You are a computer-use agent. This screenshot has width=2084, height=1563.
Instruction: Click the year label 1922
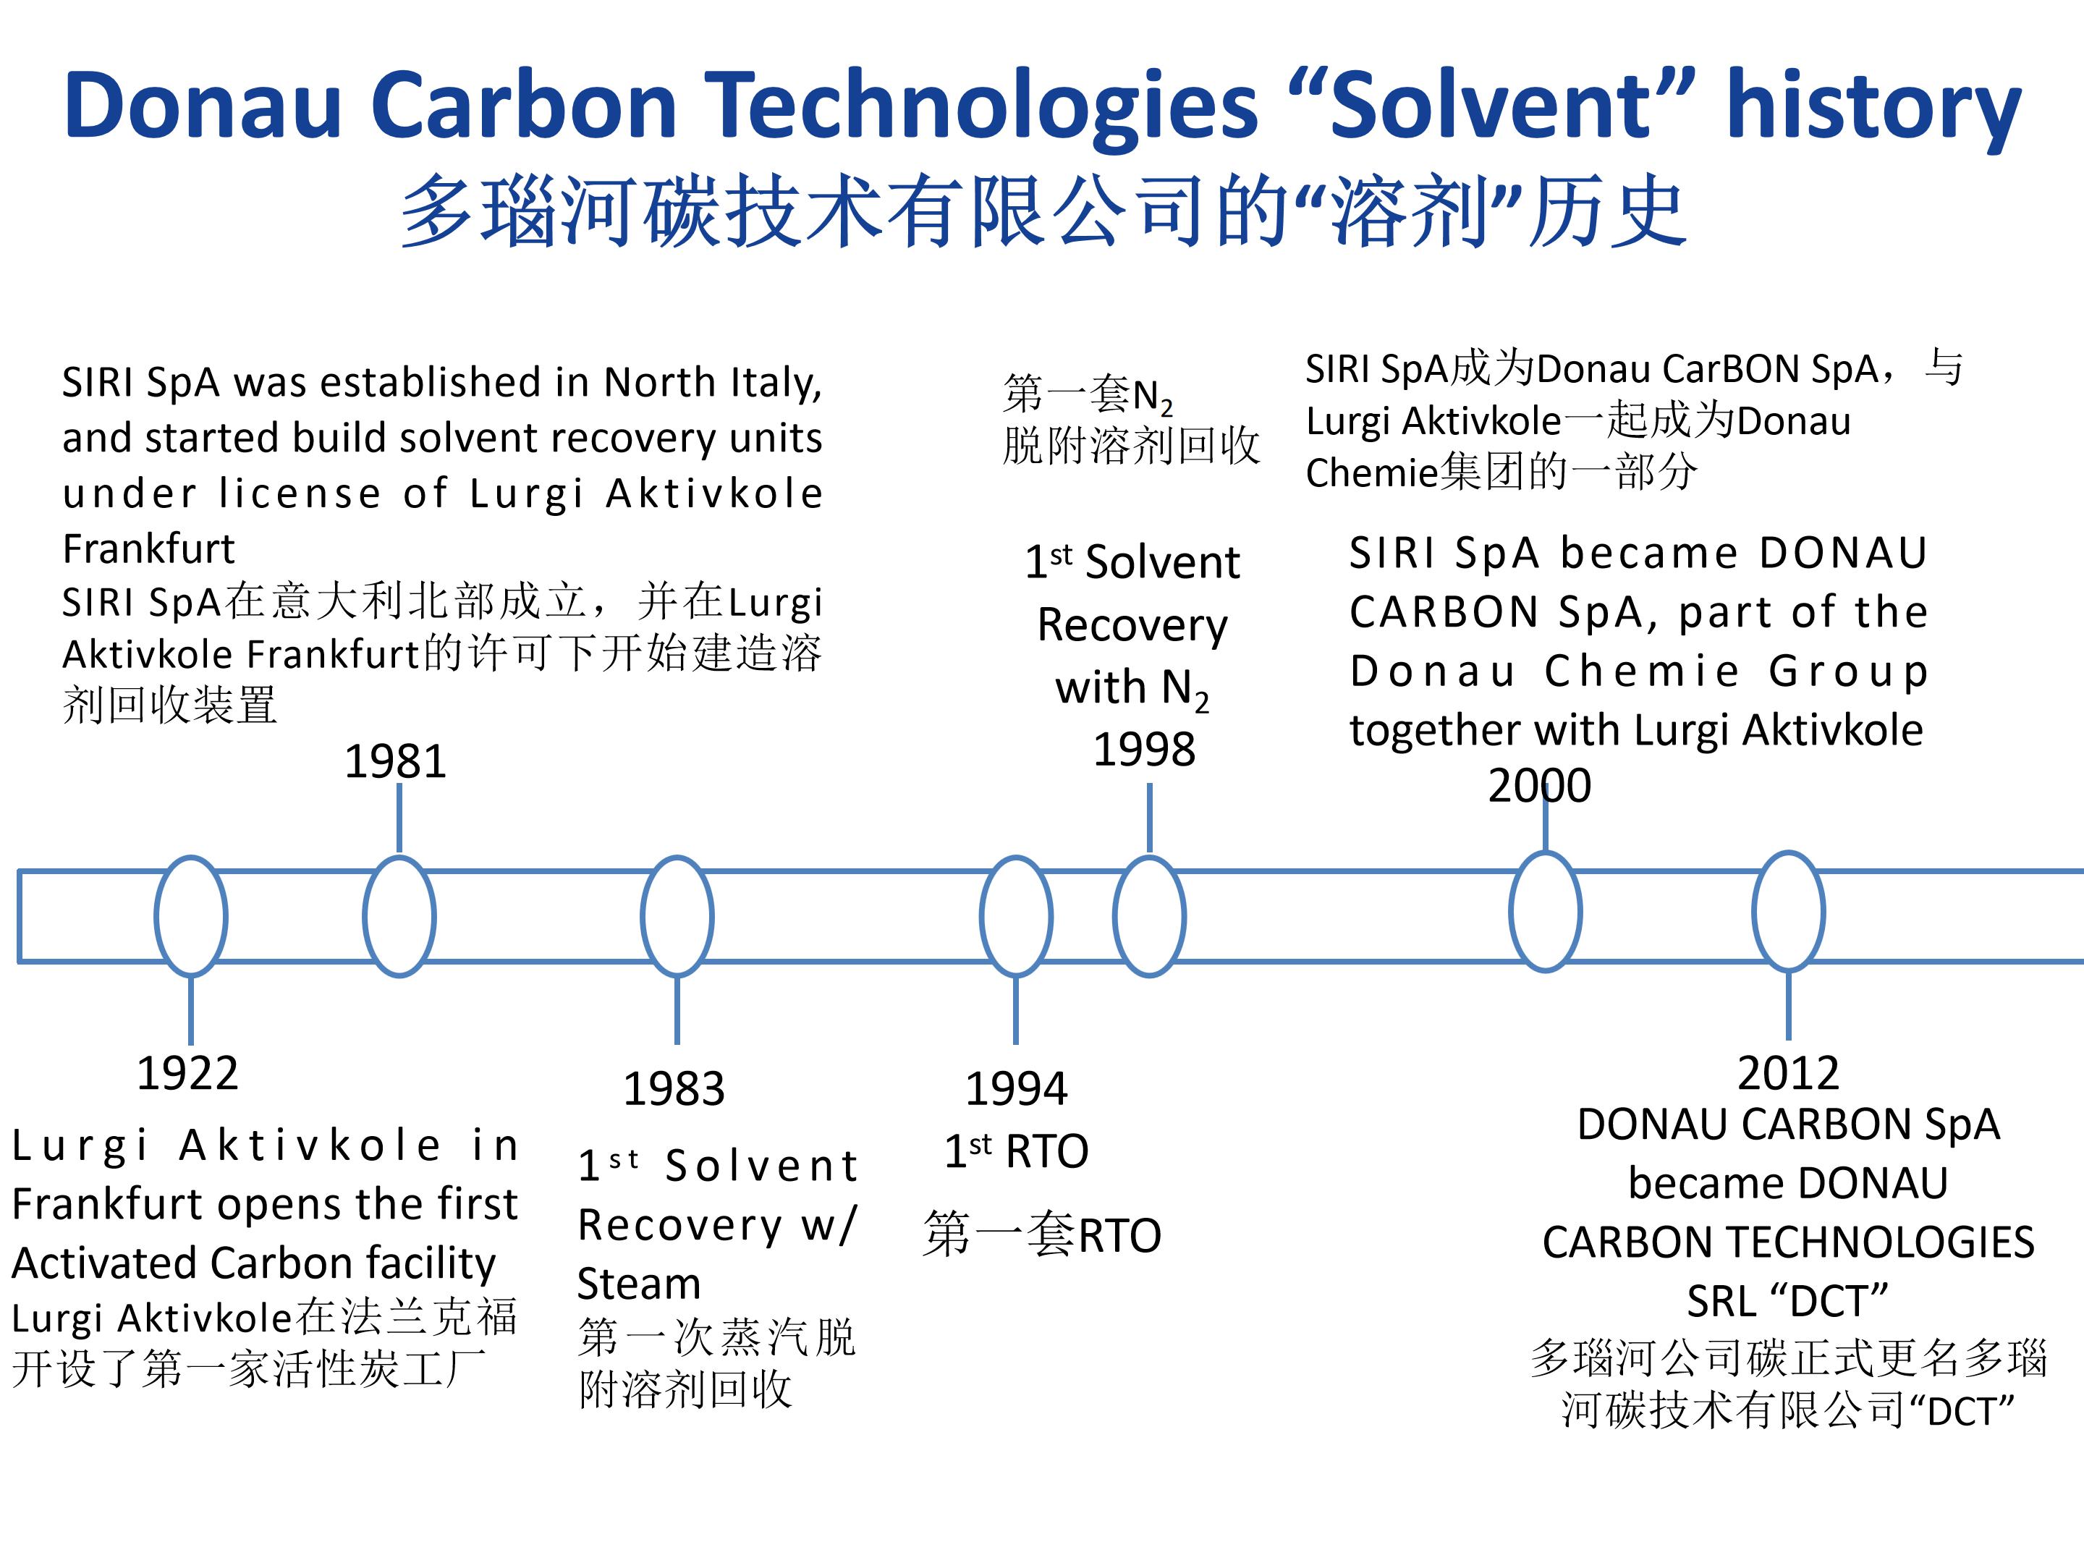click(x=187, y=1073)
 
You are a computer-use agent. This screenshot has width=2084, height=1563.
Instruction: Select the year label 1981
click(x=396, y=761)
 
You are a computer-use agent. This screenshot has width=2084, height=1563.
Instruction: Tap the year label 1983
click(x=674, y=1089)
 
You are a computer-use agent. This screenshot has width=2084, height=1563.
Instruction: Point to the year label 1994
click(x=1017, y=1089)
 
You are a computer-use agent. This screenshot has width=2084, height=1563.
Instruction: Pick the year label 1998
click(x=1145, y=750)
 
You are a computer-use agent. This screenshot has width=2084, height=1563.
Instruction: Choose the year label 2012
click(x=1788, y=1073)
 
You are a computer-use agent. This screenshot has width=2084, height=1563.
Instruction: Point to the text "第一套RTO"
click(x=1042, y=1235)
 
